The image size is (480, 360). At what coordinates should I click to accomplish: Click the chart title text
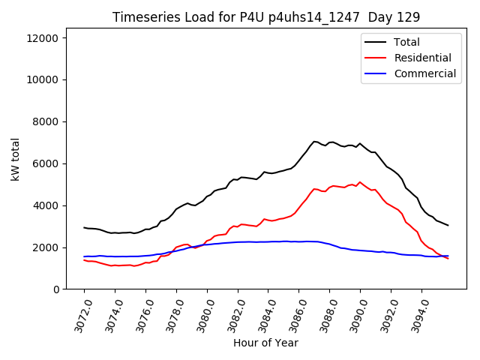pyautogui.click(x=265, y=17)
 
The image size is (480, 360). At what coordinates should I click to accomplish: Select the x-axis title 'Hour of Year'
pyautogui.click(x=265, y=343)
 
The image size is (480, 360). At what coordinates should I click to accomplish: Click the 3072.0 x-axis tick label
pyautogui.click(x=78, y=315)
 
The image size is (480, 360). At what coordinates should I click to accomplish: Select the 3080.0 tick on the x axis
pyautogui.click(x=201, y=315)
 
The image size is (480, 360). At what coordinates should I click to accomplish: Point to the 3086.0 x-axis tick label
pyautogui.click(x=293, y=315)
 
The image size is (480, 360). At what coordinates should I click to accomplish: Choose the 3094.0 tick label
pyautogui.click(x=415, y=315)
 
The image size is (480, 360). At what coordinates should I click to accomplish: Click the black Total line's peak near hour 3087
pyautogui.click(x=315, y=141)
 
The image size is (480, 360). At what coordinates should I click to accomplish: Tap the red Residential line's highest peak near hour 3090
pyautogui.click(x=360, y=182)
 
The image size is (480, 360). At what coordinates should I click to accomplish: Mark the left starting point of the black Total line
pyautogui.click(x=84, y=227)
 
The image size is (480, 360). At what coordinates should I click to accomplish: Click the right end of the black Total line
pyautogui.click(x=448, y=225)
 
